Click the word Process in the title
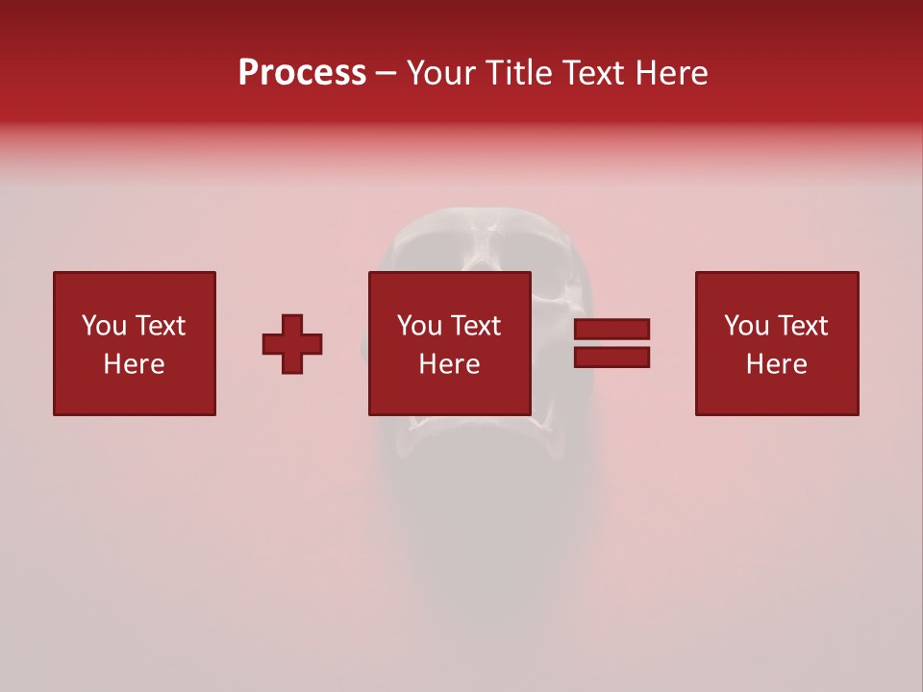tap(302, 73)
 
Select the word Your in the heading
tap(442, 73)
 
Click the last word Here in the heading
tap(673, 73)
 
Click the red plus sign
tap(292, 344)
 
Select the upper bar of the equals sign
tap(611, 330)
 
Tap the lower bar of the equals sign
tap(611, 358)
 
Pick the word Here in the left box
tap(134, 364)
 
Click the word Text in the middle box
tap(475, 326)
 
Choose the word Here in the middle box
tap(449, 364)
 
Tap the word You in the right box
tap(747, 326)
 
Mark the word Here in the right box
tap(776, 364)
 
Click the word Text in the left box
tap(160, 326)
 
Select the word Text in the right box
tap(802, 326)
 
